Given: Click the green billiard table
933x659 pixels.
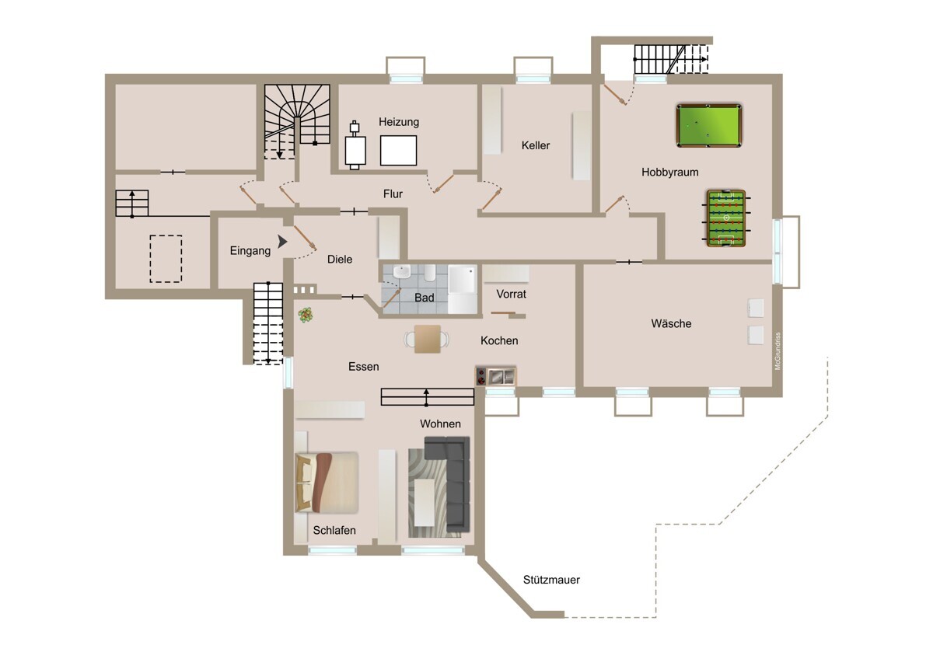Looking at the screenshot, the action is [709, 125].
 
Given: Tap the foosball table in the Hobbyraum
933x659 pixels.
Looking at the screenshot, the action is [726, 218].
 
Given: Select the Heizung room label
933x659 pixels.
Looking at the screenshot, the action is [399, 122].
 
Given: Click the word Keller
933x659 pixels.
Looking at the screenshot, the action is [535, 145].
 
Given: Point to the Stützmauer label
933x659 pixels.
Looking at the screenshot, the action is [551, 580].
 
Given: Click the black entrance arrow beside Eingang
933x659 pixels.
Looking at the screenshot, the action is [282, 242].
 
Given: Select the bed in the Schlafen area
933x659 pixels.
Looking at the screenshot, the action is [327, 482].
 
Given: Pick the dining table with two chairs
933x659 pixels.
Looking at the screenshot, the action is [428, 339].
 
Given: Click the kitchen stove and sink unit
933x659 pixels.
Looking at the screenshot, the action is [496, 376].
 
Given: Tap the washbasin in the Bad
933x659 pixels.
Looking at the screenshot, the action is [401, 272].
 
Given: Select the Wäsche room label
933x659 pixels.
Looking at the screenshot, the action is [671, 323].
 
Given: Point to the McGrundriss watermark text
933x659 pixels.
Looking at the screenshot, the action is [777, 351].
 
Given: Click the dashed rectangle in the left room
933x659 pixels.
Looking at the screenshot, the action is [166, 259].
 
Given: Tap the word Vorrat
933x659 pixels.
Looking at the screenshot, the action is [511, 294].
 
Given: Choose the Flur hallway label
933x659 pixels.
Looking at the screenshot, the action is [393, 194].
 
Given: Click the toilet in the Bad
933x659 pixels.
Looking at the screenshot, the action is [430, 273].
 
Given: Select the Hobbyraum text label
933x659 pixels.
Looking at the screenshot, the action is [669, 172].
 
